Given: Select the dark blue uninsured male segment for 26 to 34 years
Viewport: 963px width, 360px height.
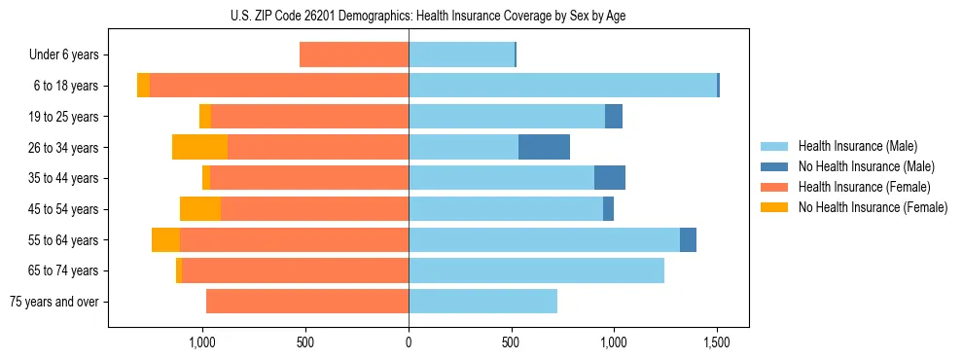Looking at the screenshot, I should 544,147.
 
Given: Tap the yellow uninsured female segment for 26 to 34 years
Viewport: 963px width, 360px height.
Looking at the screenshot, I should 199,147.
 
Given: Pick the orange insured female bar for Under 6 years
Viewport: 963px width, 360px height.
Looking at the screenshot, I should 354,54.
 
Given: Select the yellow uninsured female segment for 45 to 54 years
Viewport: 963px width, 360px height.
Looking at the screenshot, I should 200,209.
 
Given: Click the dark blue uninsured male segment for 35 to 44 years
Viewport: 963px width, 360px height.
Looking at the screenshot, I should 610,178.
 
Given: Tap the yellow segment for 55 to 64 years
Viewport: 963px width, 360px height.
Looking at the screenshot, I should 165,240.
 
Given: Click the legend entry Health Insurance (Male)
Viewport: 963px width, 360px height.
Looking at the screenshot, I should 857,146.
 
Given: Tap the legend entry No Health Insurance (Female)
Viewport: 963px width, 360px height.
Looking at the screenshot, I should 871,207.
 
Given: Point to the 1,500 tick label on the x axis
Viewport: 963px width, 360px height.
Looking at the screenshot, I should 717,342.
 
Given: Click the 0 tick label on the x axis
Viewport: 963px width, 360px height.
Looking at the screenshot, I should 409,342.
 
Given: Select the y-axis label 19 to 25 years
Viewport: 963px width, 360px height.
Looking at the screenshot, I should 64,117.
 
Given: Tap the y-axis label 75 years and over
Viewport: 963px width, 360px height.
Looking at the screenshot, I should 54,302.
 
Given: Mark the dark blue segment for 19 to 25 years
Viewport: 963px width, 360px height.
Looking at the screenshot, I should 614,117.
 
